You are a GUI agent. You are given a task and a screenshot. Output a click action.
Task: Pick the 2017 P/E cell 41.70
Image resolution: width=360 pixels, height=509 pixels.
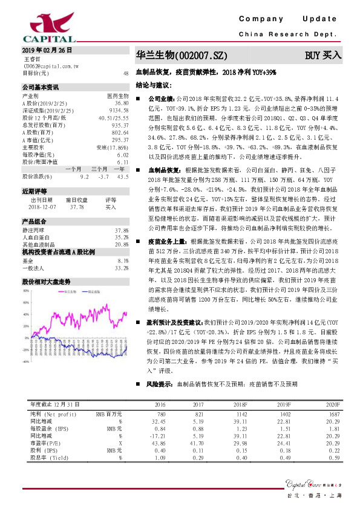[195, 442]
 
